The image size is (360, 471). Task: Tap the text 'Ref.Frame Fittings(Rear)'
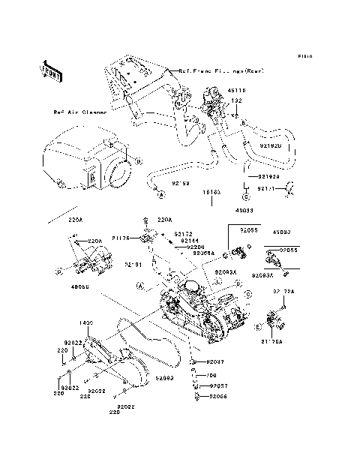pyautogui.click(x=217, y=71)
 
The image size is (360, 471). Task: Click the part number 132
pyautogui.click(x=235, y=100)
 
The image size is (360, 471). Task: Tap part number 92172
pyautogui.click(x=184, y=233)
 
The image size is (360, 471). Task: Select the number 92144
pyautogui.click(x=189, y=240)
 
